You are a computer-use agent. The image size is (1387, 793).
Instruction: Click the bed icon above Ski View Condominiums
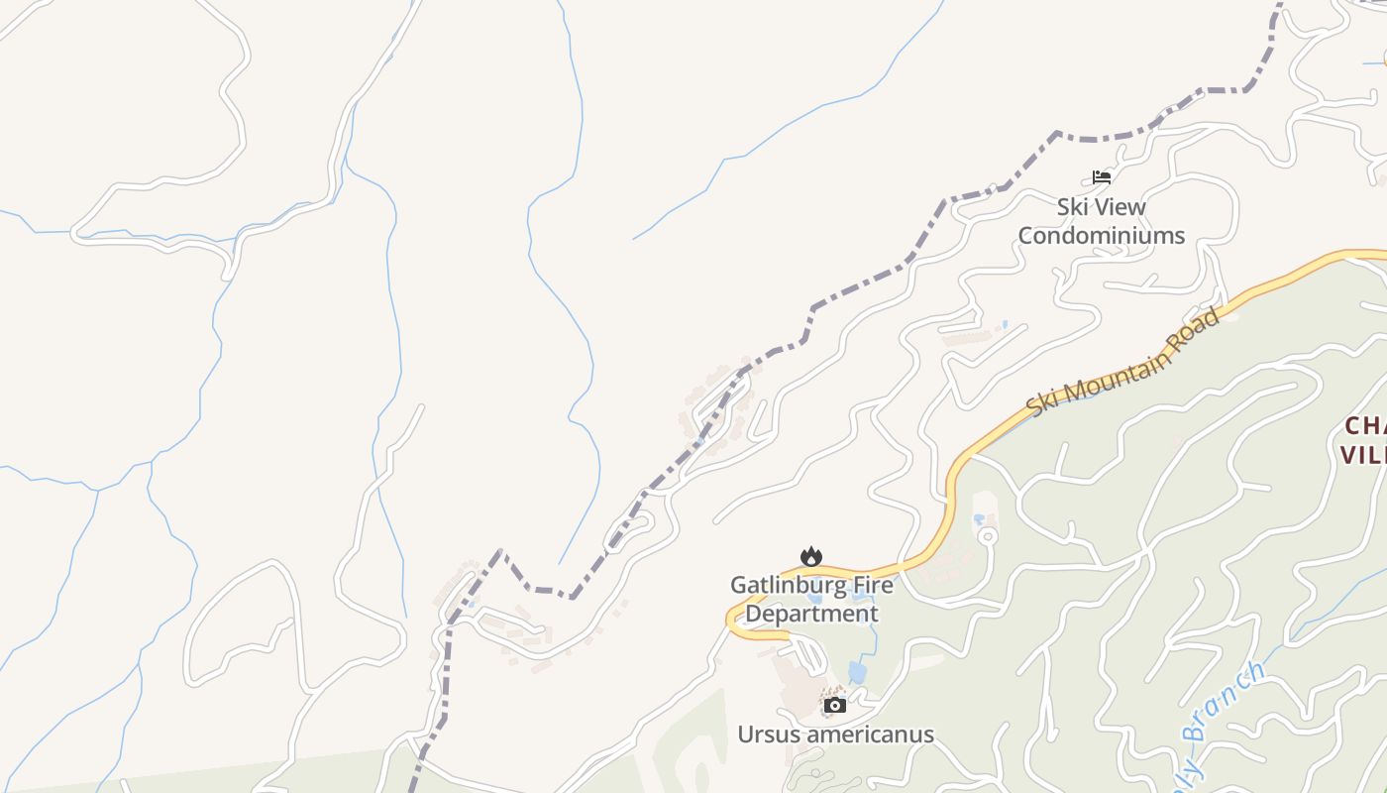click(1102, 177)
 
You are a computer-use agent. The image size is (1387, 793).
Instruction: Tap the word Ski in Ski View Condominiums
click(1073, 207)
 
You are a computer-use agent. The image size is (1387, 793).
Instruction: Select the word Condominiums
click(1101, 236)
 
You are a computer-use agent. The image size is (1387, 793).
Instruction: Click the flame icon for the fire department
click(811, 556)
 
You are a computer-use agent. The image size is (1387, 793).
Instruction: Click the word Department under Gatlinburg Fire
click(811, 614)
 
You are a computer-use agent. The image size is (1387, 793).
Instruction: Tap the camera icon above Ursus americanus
click(835, 705)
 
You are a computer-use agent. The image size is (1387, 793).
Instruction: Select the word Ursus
click(769, 735)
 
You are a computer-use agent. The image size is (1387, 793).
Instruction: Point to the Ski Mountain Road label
click(1122, 363)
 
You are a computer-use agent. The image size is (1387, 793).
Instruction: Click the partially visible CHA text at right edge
click(1365, 426)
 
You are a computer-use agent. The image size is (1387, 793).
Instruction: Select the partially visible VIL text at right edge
click(1363, 455)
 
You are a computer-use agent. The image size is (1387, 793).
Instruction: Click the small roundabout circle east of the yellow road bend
click(987, 536)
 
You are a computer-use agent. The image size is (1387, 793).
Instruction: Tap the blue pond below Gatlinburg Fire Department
click(857, 673)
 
